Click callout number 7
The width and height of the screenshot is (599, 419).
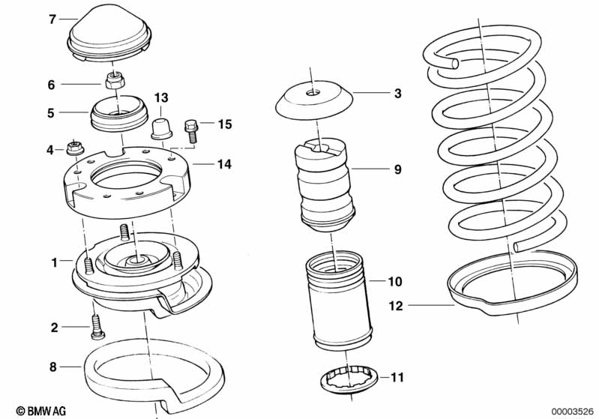pos(52,19)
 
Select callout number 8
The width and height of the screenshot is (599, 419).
pos(52,367)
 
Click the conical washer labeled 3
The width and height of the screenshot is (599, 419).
pos(314,100)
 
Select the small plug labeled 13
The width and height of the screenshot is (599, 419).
pos(160,128)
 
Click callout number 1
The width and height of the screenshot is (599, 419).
pos(54,263)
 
